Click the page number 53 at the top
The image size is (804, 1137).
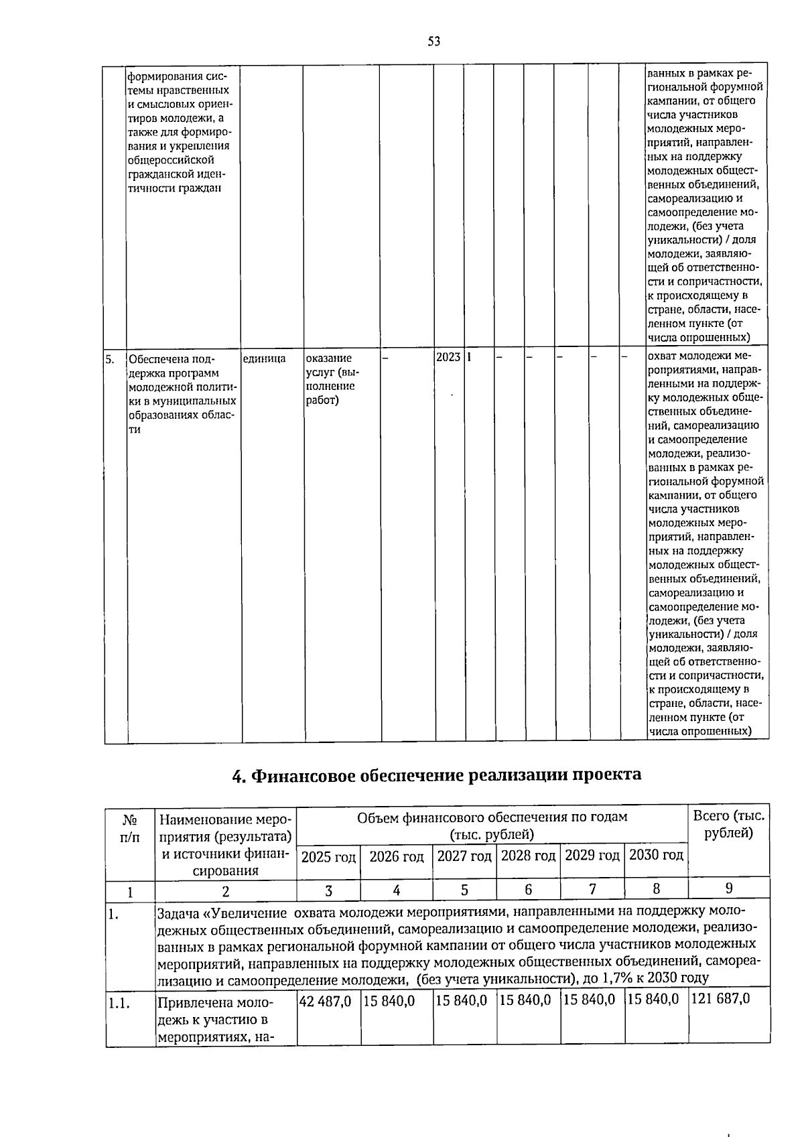(433, 42)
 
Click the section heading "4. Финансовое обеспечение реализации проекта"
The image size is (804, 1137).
(436, 775)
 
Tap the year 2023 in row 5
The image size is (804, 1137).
(448, 357)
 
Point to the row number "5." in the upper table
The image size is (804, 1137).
(111, 358)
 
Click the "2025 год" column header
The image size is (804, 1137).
(328, 856)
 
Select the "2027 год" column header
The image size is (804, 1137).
(464, 856)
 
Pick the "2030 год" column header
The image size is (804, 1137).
(656, 855)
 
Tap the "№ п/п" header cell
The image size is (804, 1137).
(130, 827)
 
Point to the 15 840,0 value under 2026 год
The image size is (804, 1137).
(389, 1000)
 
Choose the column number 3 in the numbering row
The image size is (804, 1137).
(328, 890)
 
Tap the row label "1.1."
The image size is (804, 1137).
(119, 1003)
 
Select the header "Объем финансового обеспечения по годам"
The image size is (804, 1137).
(492, 817)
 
